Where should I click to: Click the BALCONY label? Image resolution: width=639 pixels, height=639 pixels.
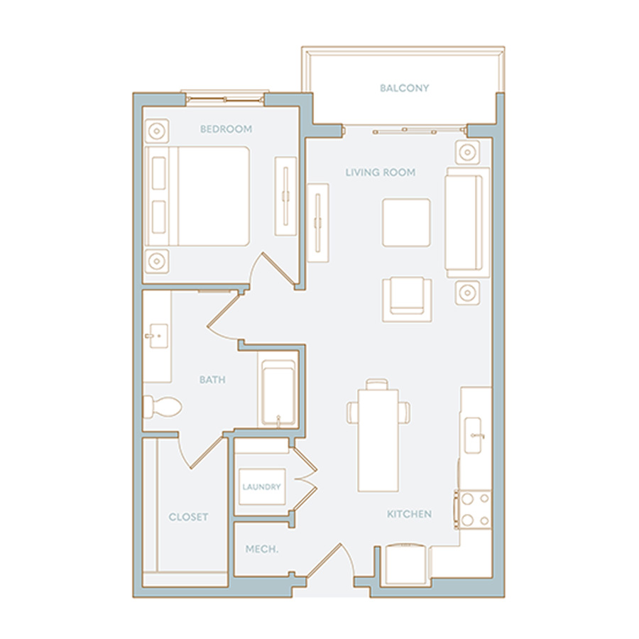[x=404, y=88]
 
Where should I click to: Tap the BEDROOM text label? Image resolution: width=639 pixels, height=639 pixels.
[x=226, y=129]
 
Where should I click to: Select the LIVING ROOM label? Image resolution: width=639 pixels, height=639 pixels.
[x=381, y=173]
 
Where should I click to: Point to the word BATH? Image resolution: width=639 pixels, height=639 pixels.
[x=212, y=380]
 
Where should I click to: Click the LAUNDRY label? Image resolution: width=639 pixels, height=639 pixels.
[x=261, y=486]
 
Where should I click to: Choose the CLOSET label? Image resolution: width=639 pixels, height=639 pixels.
[x=188, y=517]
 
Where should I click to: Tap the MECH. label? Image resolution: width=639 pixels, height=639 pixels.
[x=261, y=549]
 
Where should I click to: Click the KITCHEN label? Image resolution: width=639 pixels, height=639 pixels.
[x=409, y=514]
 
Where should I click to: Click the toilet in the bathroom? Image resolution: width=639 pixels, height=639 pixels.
[x=162, y=406]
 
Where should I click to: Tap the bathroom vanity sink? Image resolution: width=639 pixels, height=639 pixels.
[x=158, y=336]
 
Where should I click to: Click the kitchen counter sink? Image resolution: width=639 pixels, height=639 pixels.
[x=473, y=435]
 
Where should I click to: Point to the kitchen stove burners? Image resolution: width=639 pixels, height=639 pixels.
[x=474, y=509]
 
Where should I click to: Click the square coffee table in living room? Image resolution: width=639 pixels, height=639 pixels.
[x=406, y=222]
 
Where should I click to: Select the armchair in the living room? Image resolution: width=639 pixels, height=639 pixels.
[x=407, y=299]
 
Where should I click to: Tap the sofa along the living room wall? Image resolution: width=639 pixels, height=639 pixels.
[x=467, y=222]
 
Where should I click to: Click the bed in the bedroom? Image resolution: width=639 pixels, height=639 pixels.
[x=197, y=197]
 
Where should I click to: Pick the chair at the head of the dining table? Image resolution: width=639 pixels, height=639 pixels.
[x=377, y=384]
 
